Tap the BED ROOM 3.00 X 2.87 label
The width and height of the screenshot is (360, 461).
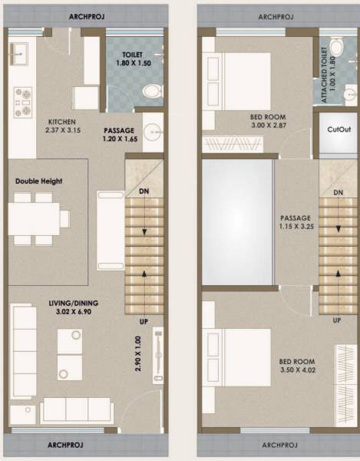268,121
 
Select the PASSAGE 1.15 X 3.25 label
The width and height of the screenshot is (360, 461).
296,222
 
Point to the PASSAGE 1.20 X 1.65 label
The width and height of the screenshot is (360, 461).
119,135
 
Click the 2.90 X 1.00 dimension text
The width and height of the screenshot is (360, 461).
139,354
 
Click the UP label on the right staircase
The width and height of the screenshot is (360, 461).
337,320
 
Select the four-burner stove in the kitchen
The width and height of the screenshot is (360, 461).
21,101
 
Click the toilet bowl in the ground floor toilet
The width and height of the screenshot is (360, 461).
154,91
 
